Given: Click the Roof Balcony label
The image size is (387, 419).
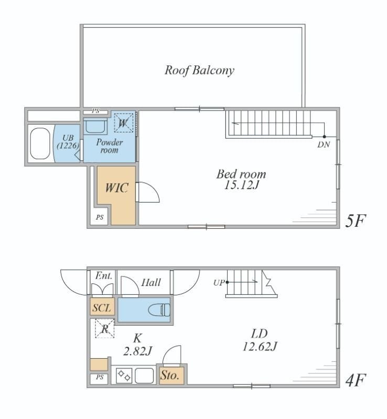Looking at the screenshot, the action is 199,71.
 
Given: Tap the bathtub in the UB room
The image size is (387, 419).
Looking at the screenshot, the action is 40,143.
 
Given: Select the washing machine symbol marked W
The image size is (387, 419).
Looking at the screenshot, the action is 123,123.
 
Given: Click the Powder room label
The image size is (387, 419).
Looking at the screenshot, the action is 110,146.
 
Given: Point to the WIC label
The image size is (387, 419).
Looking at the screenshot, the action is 117,188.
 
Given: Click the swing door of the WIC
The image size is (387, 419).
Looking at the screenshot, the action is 147,192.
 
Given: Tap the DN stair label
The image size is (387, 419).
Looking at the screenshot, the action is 324,145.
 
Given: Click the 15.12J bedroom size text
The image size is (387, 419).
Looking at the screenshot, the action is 241,185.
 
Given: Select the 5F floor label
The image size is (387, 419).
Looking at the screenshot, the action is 355,220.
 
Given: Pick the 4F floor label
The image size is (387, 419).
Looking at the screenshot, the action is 356,380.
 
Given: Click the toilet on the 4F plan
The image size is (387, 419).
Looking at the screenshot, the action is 159,310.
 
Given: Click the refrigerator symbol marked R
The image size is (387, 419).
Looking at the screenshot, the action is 105,329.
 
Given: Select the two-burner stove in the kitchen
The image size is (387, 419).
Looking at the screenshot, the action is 124,376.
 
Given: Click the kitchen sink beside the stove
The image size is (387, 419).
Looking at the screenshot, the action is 144,376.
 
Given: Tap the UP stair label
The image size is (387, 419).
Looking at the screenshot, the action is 219,283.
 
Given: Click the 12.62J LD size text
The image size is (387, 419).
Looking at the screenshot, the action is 260,347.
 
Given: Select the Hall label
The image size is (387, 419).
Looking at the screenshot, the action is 151,282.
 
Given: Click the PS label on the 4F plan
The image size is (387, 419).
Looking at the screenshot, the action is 100,377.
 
